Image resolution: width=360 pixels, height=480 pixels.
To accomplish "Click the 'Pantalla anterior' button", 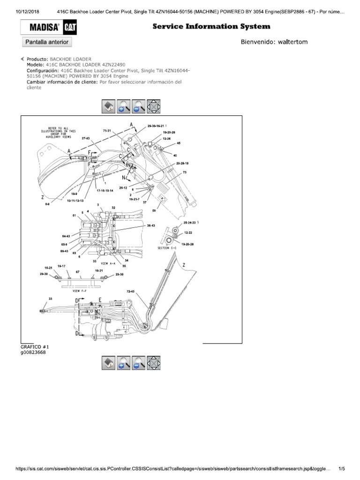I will click(47, 42).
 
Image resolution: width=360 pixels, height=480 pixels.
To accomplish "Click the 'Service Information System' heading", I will click(211, 27).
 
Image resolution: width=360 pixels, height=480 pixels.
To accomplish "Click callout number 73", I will click(185, 173).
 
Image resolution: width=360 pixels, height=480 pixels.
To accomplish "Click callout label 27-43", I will click(86, 138).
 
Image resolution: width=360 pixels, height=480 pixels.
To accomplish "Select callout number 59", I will click(161, 210).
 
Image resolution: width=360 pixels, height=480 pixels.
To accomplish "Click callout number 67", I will click(78, 271).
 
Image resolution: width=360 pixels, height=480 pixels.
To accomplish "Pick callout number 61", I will click(74, 215).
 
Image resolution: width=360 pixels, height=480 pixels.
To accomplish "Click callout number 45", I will click(179, 143).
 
